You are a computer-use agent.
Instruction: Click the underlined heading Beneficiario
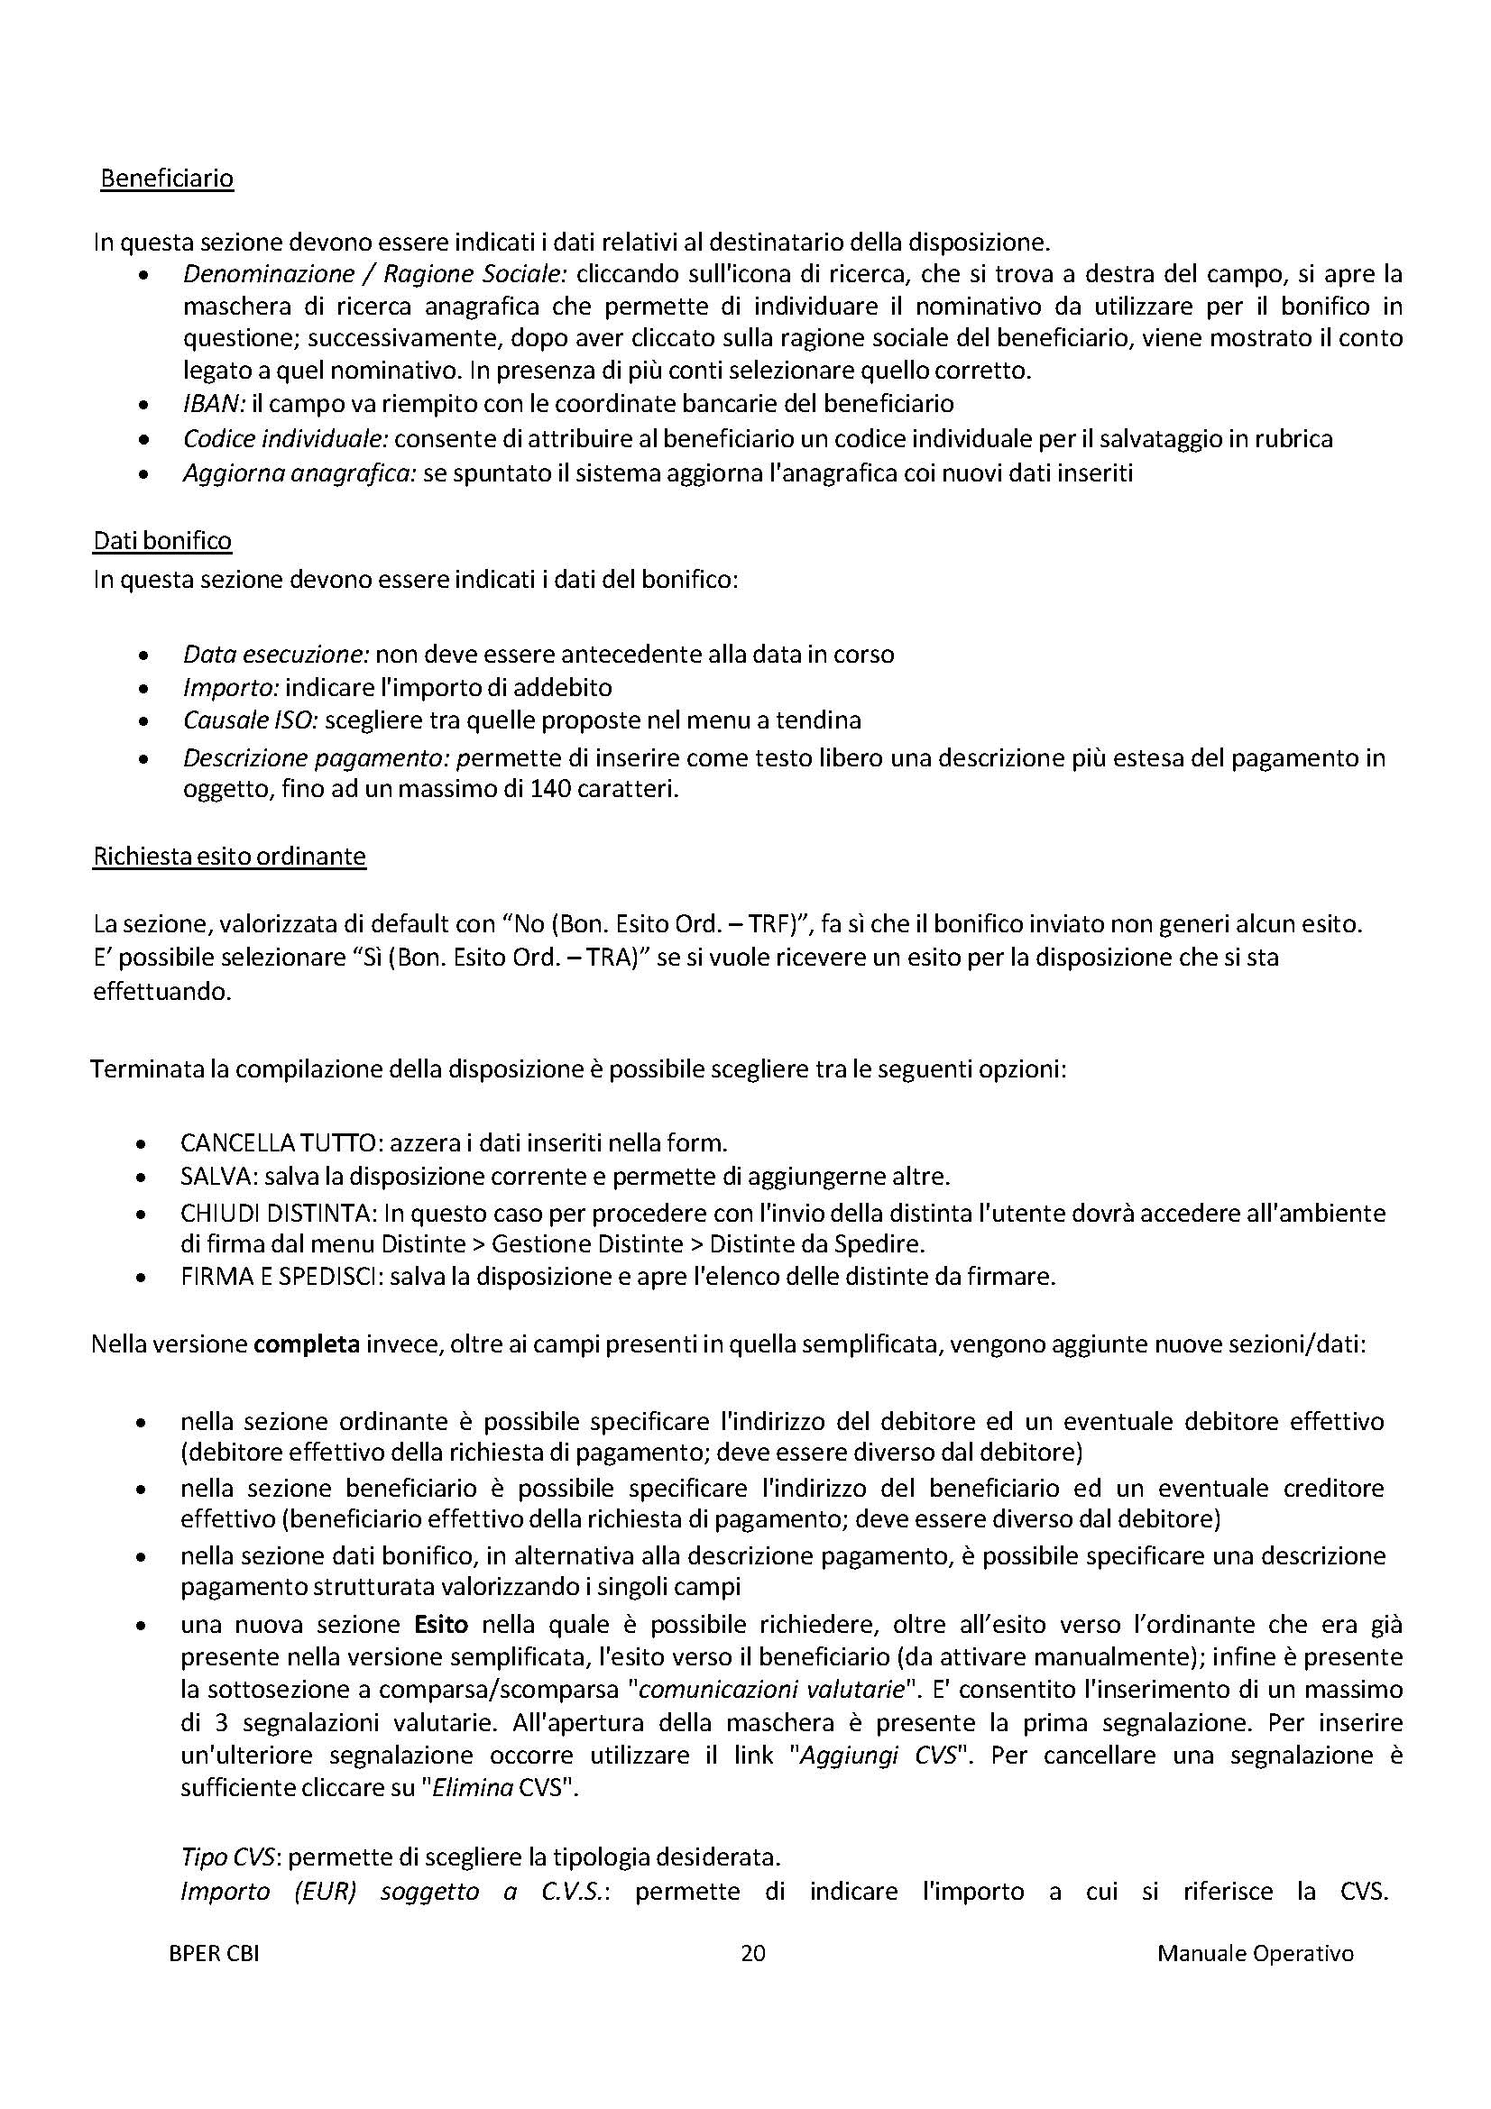click(x=167, y=179)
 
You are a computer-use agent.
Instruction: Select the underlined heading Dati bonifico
click(x=162, y=541)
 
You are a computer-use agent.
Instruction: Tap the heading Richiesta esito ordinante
click(x=230, y=856)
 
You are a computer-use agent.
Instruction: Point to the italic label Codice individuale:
click(x=287, y=439)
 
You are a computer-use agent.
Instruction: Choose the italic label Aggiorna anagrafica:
click(x=300, y=473)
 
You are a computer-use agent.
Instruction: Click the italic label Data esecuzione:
click(x=277, y=654)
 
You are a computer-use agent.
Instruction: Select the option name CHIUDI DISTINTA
click(x=278, y=1214)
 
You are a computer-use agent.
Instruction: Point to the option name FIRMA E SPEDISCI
click(x=280, y=1277)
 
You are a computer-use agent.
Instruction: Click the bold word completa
click(x=306, y=1344)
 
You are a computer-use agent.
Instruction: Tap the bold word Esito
click(x=441, y=1625)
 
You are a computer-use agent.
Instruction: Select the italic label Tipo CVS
click(x=228, y=1857)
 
